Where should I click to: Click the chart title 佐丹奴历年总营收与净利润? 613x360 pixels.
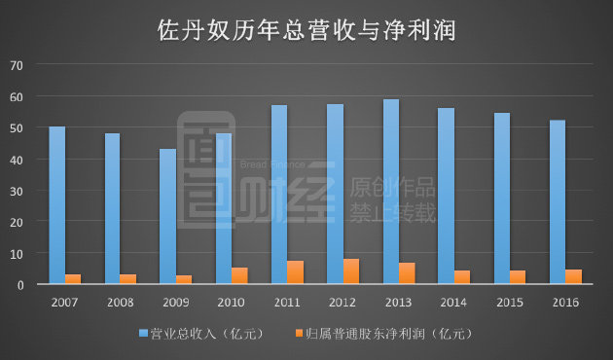click(x=306, y=30)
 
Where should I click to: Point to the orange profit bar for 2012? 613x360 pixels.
click(x=351, y=271)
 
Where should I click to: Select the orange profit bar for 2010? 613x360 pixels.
click(x=239, y=275)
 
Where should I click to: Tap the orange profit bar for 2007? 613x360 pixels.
click(x=73, y=279)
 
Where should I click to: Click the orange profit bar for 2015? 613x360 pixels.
click(x=518, y=277)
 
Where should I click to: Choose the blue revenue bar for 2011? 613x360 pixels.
click(x=279, y=195)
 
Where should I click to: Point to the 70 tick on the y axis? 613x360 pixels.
click(x=17, y=65)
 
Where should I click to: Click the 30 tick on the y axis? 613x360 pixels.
click(x=17, y=191)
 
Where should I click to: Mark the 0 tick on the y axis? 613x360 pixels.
click(x=19, y=285)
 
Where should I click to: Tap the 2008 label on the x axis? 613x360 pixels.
click(x=120, y=303)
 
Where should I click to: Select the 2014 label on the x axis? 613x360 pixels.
click(x=453, y=303)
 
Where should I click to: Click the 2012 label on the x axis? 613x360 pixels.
click(x=343, y=303)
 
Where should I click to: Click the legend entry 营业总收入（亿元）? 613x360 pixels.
click(x=198, y=334)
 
